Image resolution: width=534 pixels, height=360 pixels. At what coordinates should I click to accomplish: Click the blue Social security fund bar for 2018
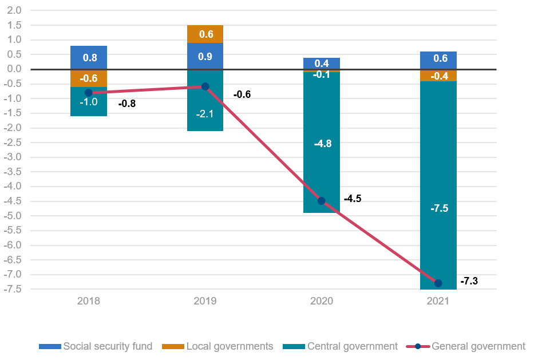pos(89,57)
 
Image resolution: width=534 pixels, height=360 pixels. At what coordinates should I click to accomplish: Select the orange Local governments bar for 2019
pos(205,34)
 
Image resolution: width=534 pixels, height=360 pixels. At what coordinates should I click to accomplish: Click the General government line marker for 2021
pos(438,283)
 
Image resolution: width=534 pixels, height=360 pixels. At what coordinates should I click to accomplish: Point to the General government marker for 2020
pos(321,201)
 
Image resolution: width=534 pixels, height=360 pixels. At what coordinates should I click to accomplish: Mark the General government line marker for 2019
pos(205,86)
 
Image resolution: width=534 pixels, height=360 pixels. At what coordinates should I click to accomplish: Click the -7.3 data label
pos(469,281)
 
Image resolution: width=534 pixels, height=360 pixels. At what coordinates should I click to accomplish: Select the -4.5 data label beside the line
pos(353,199)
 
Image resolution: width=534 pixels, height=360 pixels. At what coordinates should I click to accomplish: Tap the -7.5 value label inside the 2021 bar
pos(438,208)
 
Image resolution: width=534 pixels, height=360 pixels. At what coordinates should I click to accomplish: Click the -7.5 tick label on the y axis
pos(13,289)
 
